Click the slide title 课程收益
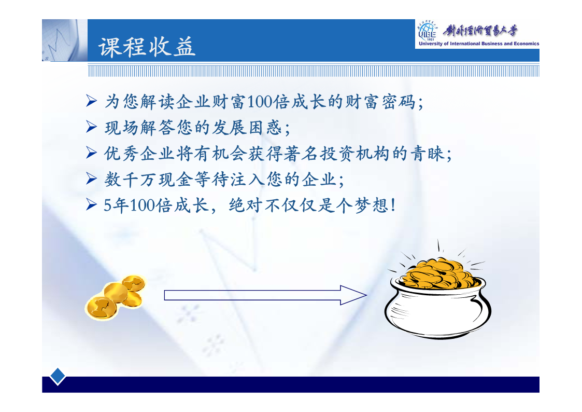147,47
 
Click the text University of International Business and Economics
479,44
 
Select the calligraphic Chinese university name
480,31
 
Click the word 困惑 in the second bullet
265,128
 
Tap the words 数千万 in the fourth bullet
130,180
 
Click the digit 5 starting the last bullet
107,205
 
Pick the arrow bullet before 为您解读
91,101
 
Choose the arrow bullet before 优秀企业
91,153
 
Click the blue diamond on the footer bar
58,376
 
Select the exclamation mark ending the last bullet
393,205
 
